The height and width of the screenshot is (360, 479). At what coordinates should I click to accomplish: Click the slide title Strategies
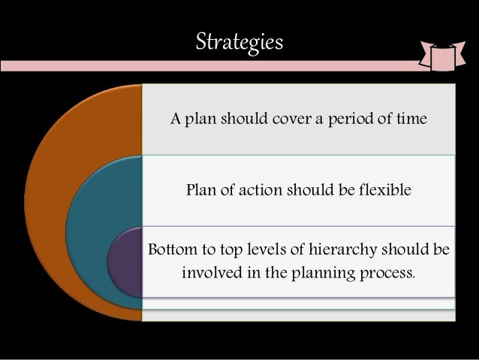click(x=239, y=41)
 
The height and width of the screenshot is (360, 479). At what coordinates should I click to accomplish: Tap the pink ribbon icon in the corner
click(x=443, y=55)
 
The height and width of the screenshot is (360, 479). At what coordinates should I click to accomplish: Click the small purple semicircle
click(x=125, y=263)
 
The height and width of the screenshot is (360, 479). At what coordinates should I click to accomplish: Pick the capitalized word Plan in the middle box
click(x=200, y=190)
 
